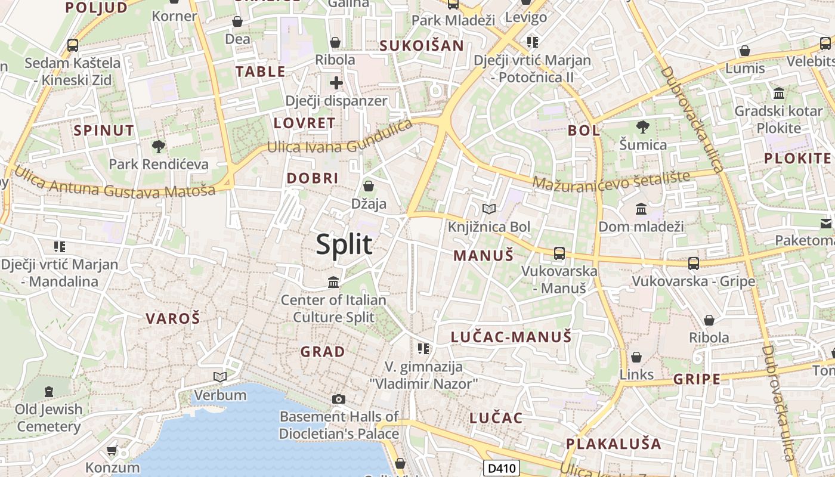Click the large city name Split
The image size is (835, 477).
(x=344, y=244)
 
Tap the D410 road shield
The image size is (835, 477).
(x=501, y=469)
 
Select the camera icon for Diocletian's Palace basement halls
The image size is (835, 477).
(x=339, y=399)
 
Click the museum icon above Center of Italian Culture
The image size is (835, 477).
(x=333, y=281)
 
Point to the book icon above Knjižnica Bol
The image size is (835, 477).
(x=489, y=209)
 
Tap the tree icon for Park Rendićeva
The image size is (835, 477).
(x=159, y=146)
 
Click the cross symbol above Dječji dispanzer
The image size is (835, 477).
(x=336, y=83)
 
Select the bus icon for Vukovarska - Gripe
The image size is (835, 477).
(x=693, y=263)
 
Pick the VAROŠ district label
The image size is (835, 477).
(x=173, y=318)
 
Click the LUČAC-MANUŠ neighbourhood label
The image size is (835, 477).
(x=511, y=337)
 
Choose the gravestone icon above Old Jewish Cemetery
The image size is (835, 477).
(x=49, y=392)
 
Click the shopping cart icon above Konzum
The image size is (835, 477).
(x=112, y=450)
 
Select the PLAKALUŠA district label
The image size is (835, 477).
(x=614, y=444)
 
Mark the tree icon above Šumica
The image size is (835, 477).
(x=643, y=126)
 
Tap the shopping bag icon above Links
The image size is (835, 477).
(x=636, y=357)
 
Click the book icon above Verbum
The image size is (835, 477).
(x=220, y=377)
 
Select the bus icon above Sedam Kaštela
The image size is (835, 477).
(x=73, y=45)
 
